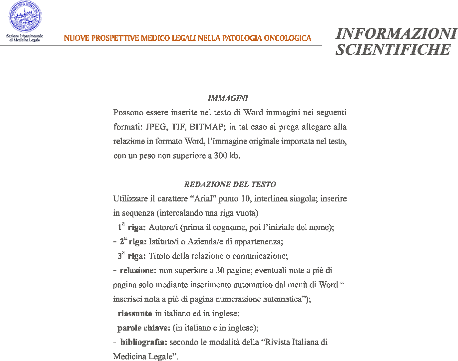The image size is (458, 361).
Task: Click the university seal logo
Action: click(x=24, y=17)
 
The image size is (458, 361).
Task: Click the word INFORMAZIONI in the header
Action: click(x=396, y=33)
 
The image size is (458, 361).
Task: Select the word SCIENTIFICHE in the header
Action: click(x=393, y=49)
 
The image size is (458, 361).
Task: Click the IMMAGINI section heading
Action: click(x=228, y=98)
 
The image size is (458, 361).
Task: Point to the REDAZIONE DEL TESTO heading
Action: click(x=230, y=184)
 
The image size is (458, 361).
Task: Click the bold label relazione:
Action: click(x=138, y=271)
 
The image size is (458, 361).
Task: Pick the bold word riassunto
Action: click(x=135, y=314)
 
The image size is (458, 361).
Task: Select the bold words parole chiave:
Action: click(x=144, y=328)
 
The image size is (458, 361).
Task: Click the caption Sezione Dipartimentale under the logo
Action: click(x=24, y=36)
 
